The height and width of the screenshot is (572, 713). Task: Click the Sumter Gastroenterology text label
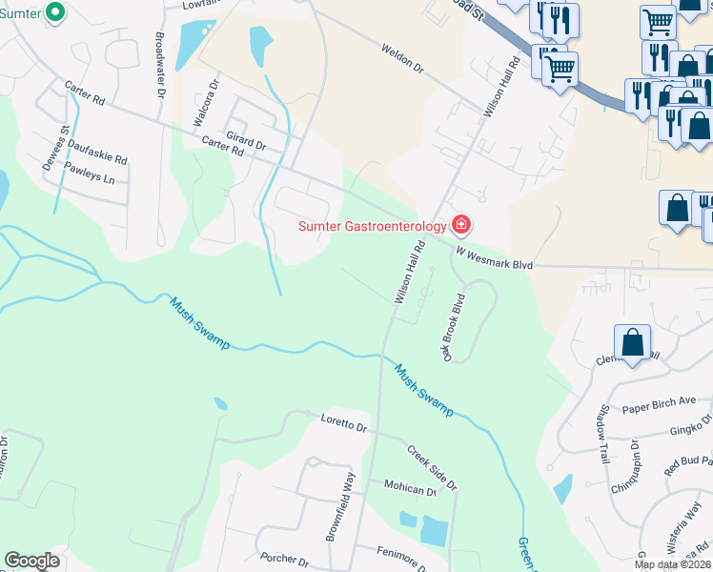[372, 226]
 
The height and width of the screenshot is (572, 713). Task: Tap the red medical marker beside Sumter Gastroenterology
[461, 225]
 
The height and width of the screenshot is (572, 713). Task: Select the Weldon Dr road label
[401, 58]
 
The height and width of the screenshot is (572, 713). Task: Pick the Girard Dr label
[246, 140]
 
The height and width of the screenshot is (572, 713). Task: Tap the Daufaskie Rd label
[96, 160]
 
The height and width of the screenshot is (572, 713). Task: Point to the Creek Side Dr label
[432, 467]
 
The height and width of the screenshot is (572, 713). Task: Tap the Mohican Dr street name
[409, 488]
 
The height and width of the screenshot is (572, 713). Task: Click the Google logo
[31, 561]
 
